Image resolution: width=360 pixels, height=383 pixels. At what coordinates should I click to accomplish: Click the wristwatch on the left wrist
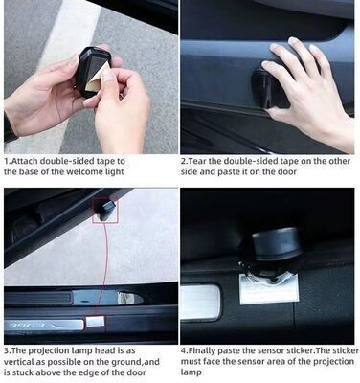[9, 127]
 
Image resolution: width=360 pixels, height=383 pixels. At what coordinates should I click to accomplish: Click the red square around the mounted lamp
[104, 210]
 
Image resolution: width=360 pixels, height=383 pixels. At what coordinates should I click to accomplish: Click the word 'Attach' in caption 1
[24, 161]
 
